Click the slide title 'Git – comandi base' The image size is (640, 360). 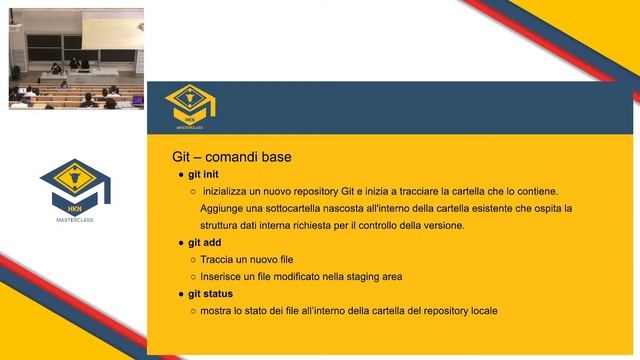tap(232, 157)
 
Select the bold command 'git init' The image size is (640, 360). tap(203, 174)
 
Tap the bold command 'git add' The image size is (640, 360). tap(203, 242)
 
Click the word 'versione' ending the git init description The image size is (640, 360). tap(444, 225)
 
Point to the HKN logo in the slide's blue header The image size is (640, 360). tap(190, 106)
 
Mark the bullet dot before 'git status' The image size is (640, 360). tap(180, 294)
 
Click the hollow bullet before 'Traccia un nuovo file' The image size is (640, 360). tap(192, 259)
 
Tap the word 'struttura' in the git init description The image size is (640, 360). tap(221, 225)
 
